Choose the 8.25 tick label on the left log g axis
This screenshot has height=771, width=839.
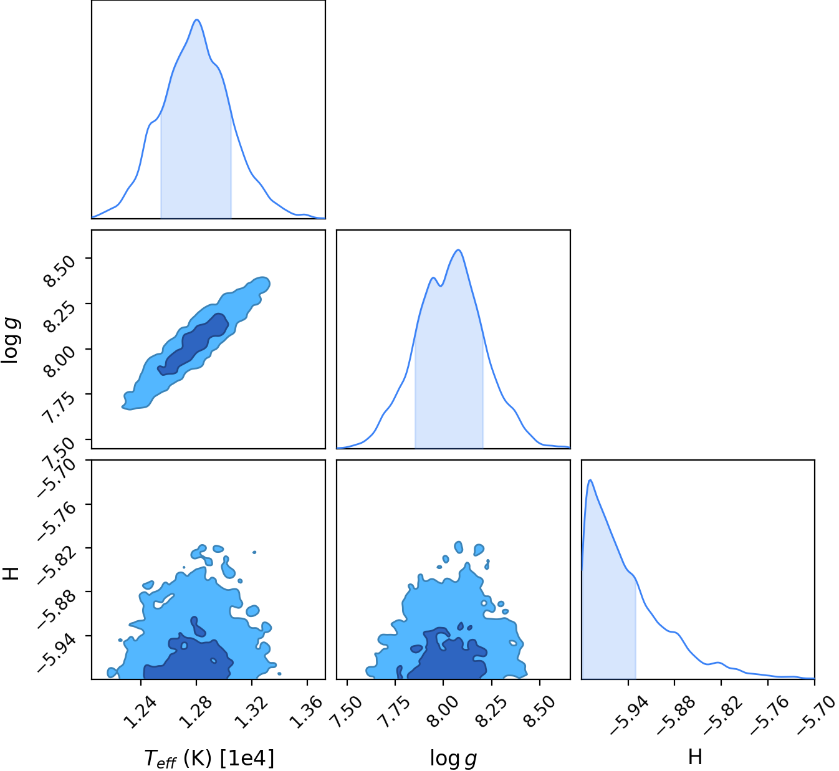pos(59,317)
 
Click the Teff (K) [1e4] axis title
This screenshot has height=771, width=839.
pos(209,758)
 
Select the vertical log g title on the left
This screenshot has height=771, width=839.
pos(11,340)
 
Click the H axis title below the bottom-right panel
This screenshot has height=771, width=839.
pos(695,757)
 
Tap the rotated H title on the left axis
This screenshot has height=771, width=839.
pos(11,573)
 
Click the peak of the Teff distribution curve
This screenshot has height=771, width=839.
pos(196,20)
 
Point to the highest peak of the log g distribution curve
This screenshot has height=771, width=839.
pos(459,250)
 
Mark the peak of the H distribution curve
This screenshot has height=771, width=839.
pos(590,481)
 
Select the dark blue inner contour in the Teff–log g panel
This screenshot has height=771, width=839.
pos(194,344)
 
